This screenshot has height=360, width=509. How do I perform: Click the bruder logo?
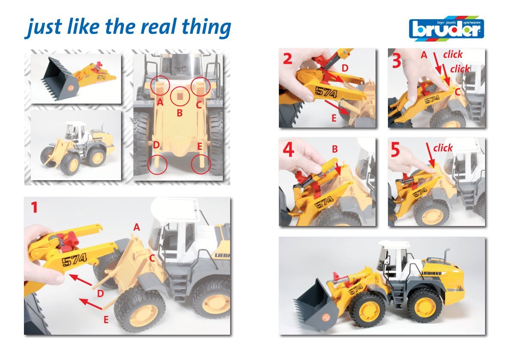click(x=447, y=29)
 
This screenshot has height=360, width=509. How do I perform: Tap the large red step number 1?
click(x=34, y=207)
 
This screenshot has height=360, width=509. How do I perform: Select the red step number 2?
click(x=287, y=59)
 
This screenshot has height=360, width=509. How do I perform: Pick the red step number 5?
click(x=395, y=149)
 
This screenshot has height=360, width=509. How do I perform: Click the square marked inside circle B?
click(x=180, y=96)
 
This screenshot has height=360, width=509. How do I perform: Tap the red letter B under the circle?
click(x=180, y=113)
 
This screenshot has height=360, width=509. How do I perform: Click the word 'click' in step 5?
click(x=443, y=148)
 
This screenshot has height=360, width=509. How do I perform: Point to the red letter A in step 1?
click(x=137, y=227)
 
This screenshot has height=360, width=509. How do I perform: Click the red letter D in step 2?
click(x=345, y=68)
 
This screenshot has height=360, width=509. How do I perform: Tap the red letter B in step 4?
click(x=334, y=149)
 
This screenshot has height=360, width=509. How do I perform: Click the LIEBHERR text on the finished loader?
click(x=432, y=273)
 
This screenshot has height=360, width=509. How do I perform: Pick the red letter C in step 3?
click(x=457, y=92)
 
